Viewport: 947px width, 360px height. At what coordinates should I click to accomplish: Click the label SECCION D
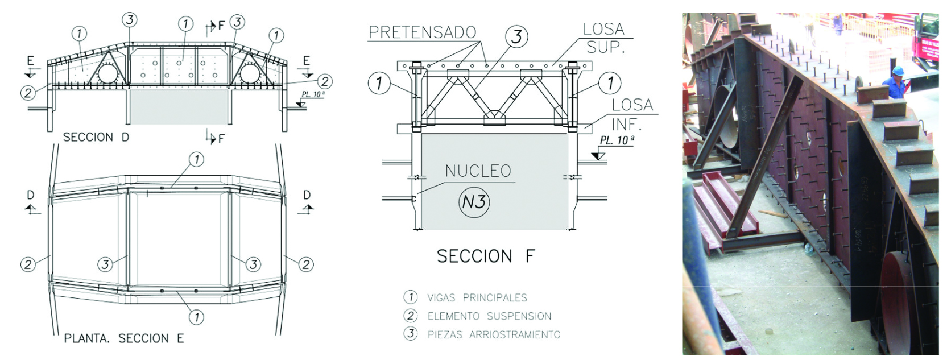(x=96, y=137)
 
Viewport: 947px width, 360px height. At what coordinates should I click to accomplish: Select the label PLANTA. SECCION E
(x=124, y=338)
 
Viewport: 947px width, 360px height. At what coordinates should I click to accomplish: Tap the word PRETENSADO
(x=422, y=32)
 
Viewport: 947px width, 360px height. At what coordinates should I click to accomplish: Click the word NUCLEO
(x=478, y=171)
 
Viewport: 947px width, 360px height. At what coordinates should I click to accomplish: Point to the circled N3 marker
(x=474, y=202)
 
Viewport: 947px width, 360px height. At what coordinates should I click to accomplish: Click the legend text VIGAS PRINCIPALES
(x=477, y=297)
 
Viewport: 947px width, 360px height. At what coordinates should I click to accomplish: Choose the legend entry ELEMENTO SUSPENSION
(x=489, y=316)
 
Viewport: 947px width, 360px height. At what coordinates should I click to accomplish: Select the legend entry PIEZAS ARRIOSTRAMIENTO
(x=494, y=334)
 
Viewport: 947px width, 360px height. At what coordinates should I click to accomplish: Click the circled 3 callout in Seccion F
(x=516, y=37)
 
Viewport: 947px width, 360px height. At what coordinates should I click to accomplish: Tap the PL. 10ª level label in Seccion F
(x=617, y=140)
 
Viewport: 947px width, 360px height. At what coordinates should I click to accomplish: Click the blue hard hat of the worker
(x=898, y=71)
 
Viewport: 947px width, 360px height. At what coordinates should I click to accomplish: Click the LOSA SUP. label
(x=605, y=38)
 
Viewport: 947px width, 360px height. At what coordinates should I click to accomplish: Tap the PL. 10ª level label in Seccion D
(x=313, y=94)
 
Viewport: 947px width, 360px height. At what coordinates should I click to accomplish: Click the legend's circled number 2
(x=410, y=316)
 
